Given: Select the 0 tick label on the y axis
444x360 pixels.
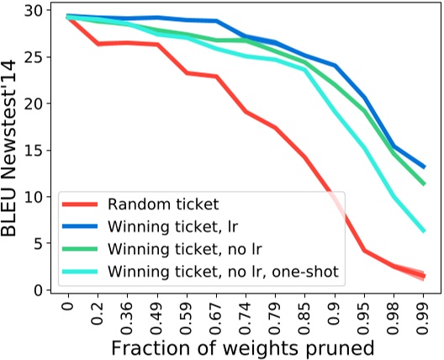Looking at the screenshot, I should pos(38,290).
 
